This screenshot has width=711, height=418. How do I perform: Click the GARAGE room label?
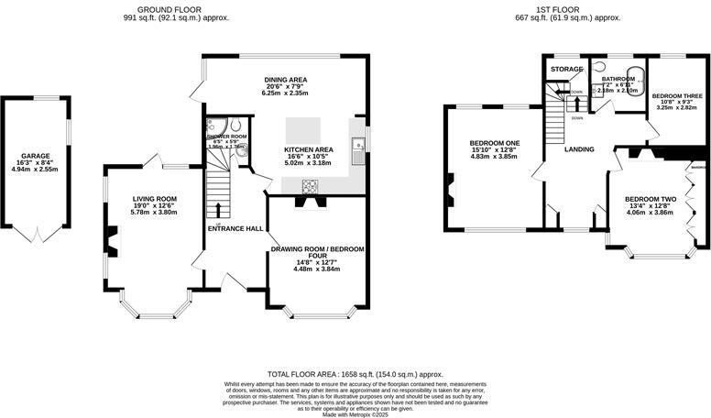[36, 156]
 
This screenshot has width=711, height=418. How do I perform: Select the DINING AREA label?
[283, 80]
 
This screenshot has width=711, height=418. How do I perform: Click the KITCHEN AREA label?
[308, 149]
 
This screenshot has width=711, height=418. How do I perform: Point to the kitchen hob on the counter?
[309, 188]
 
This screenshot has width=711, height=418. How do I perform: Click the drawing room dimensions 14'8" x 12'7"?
[316, 263]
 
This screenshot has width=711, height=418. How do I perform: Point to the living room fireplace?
[111, 241]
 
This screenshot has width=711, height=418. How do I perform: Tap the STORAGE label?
[565, 69]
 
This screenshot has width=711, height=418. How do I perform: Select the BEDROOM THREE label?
[677, 95]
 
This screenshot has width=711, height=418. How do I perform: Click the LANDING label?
[579, 148]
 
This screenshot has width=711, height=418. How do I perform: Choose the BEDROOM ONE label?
[494, 144]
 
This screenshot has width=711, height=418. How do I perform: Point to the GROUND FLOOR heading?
[176, 8]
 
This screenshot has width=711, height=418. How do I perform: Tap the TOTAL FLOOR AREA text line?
[355, 374]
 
